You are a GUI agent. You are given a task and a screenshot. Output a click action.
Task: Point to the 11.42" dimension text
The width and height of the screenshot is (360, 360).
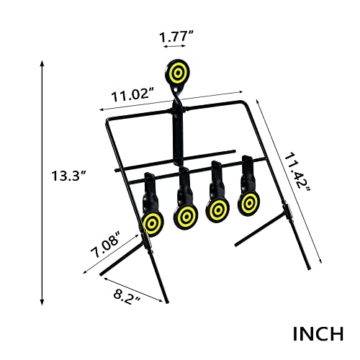click(297, 172)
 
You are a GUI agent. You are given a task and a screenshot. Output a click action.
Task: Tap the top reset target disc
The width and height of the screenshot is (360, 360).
click(176, 73)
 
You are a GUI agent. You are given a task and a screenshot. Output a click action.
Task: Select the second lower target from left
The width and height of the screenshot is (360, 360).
click(186, 216)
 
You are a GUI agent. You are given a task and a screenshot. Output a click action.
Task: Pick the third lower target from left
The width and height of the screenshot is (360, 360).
click(217, 210)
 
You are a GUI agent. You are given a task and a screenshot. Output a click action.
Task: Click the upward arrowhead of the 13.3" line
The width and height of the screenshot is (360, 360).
click(40, 63)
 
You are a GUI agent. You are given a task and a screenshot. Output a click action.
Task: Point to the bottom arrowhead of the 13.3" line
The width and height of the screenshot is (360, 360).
click(40, 301)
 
